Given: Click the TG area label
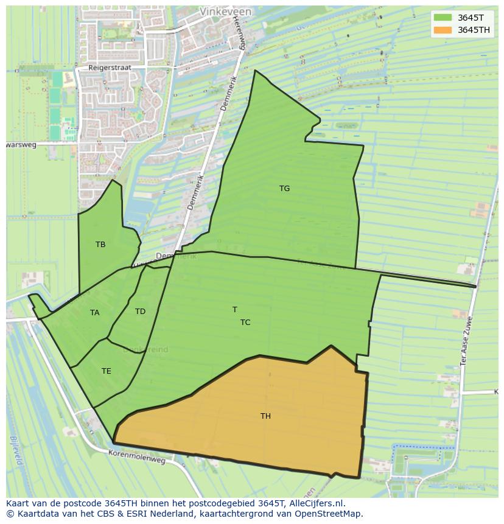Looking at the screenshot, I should pyautogui.click(x=284, y=189).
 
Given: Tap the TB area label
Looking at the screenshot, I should pyautogui.click(x=100, y=245).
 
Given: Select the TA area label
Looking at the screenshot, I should pyautogui.click(x=94, y=313).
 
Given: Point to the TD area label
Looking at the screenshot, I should pyautogui.click(x=140, y=312).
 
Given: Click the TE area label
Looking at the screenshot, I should pyautogui.click(x=107, y=371).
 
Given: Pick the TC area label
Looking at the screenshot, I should pyautogui.click(x=245, y=323).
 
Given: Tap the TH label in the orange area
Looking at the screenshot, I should pyautogui.click(x=265, y=416).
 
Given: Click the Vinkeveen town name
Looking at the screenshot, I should pyautogui.click(x=223, y=12).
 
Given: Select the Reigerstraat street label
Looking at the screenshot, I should pyautogui.click(x=110, y=68).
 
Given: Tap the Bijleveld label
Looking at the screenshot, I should pyautogui.click(x=15, y=450).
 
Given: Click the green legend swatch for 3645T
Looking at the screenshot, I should pyautogui.click(x=443, y=18).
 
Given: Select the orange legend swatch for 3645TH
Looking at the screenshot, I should pyautogui.click(x=443, y=30).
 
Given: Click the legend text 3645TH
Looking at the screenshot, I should pyautogui.click(x=474, y=30).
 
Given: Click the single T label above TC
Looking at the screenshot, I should pyautogui.click(x=235, y=310).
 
